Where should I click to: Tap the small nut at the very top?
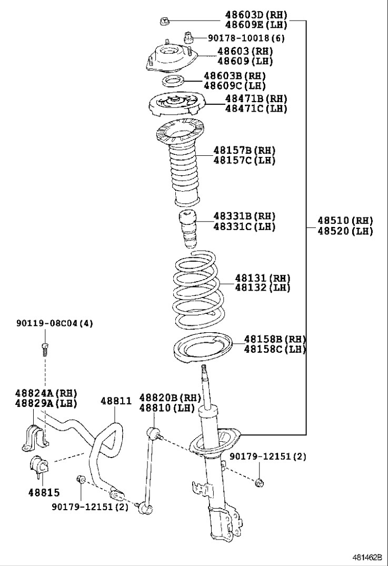164,22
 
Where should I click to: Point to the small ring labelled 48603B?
172,81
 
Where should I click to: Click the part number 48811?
116,401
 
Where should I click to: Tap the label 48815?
44,492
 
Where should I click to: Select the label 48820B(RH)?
163,398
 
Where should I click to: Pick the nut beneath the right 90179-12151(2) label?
259,482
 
